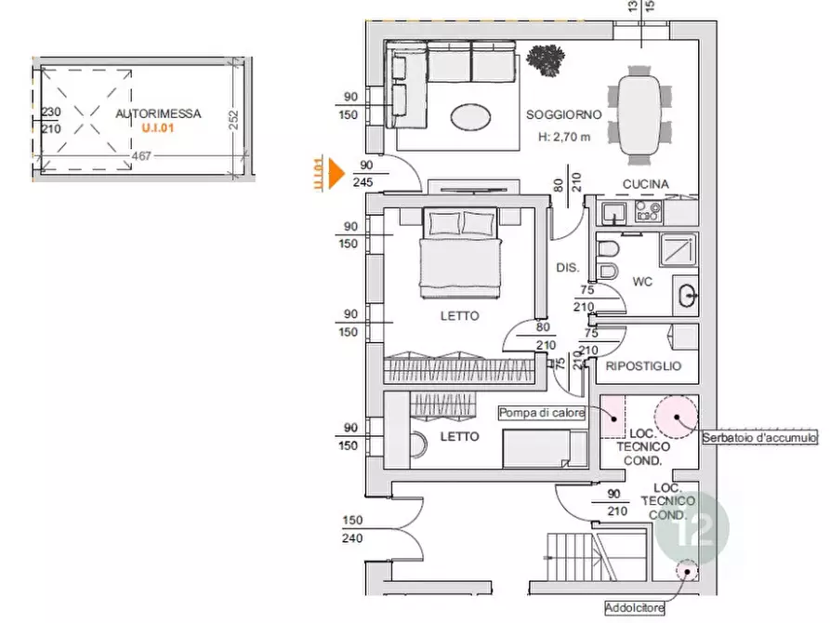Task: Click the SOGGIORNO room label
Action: click(x=564, y=114)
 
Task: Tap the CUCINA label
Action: click(x=645, y=184)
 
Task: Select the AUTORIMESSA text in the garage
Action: click(x=158, y=113)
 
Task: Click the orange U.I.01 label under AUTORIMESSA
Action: click(x=158, y=128)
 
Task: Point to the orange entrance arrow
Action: click(x=336, y=173)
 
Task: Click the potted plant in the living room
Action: click(x=546, y=60)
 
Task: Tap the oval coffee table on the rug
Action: click(x=470, y=116)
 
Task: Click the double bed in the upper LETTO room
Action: click(x=460, y=252)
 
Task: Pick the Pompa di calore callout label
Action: click(x=542, y=413)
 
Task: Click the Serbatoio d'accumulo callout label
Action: click(x=759, y=438)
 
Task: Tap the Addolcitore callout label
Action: click(x=634, y=607)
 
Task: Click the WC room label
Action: click(x=642, y=282)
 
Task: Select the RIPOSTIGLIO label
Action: click(x=643, y=366)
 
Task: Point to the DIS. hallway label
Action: click(x=568, y=268)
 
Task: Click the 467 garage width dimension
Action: click(x=141, y=156)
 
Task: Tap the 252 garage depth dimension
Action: click(x=233, y=120)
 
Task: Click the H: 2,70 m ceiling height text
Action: click(x=564, y=137)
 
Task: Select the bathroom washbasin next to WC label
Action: click(x=688, y=295)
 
